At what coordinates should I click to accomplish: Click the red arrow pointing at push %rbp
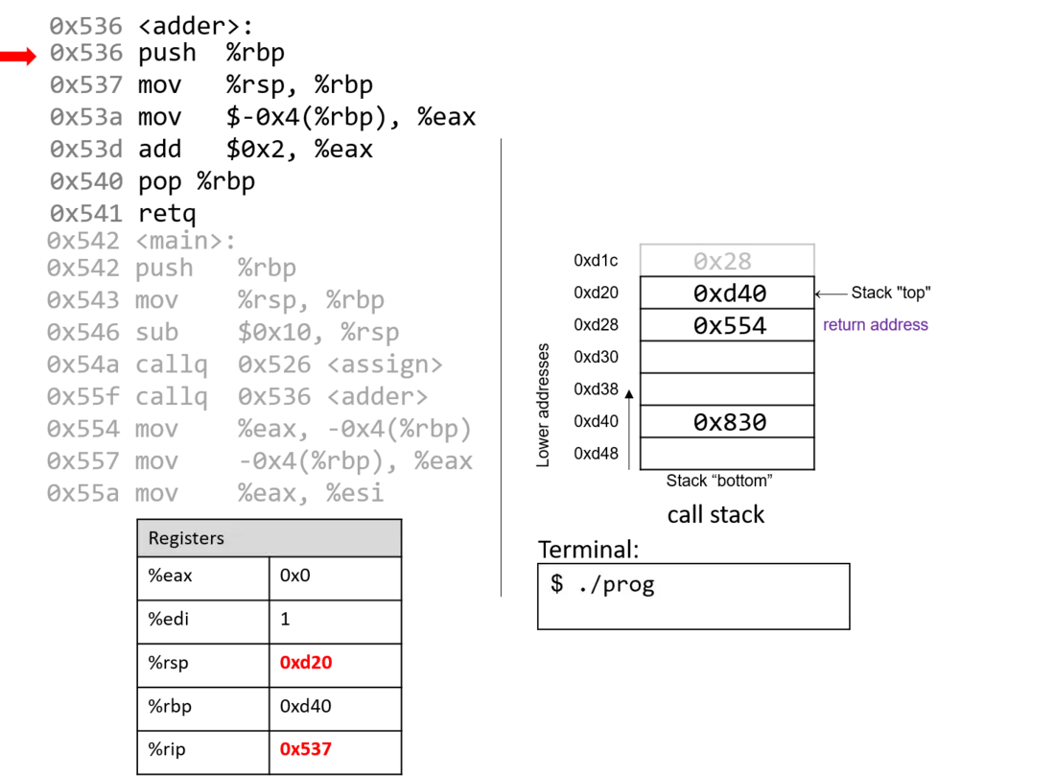[18, 56]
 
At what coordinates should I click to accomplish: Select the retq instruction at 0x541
[123, 214]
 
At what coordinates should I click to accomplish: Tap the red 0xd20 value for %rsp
[305, 662]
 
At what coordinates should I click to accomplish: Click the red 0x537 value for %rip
[305, 749]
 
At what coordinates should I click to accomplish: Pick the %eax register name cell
[203, 576]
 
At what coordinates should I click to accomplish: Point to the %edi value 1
[285, 620]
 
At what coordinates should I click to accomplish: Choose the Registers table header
[270, 538]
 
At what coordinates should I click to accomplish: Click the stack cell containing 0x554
[727, 325]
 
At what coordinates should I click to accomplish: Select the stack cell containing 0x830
[727, 422]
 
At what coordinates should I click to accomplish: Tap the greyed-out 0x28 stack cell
[727, 261]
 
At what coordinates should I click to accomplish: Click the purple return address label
[876, 324]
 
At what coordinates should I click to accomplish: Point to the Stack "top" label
[891, 293]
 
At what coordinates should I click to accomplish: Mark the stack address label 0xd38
[596, 389]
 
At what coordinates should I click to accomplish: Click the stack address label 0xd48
[596, 454]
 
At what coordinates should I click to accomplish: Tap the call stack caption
[715, 515]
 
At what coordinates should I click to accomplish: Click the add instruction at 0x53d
[211, 150]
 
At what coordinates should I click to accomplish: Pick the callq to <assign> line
[245, 364]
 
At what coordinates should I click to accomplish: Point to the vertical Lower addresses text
[543, 405]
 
